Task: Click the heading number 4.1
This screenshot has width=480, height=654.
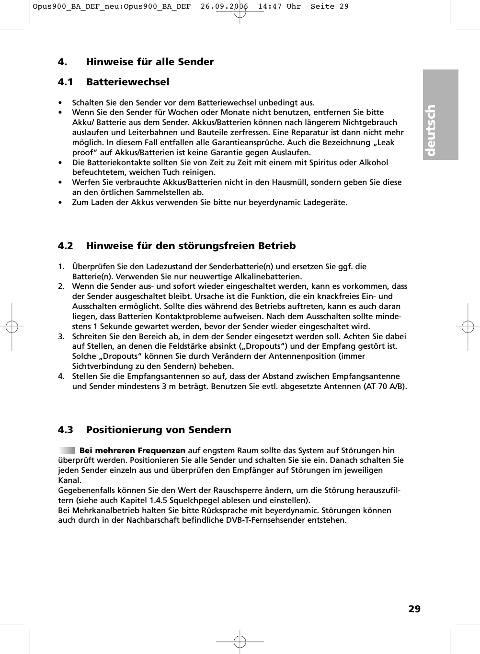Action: coord(65,82)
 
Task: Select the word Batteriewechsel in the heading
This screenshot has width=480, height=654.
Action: coord(127,82)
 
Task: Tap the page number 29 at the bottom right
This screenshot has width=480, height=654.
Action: coord(414,609)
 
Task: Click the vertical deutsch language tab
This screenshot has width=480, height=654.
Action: coord(440,115)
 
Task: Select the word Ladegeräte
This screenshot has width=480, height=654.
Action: coord(324,202)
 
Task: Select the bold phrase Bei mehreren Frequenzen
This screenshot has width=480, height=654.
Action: coord(132,450)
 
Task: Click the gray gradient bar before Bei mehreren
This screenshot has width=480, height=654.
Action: coord(67,450)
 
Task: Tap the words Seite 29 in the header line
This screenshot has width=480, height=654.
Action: coord(330,7)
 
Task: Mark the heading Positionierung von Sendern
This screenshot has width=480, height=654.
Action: coord(159,430)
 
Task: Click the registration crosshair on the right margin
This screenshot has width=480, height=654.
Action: coord(468,327)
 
